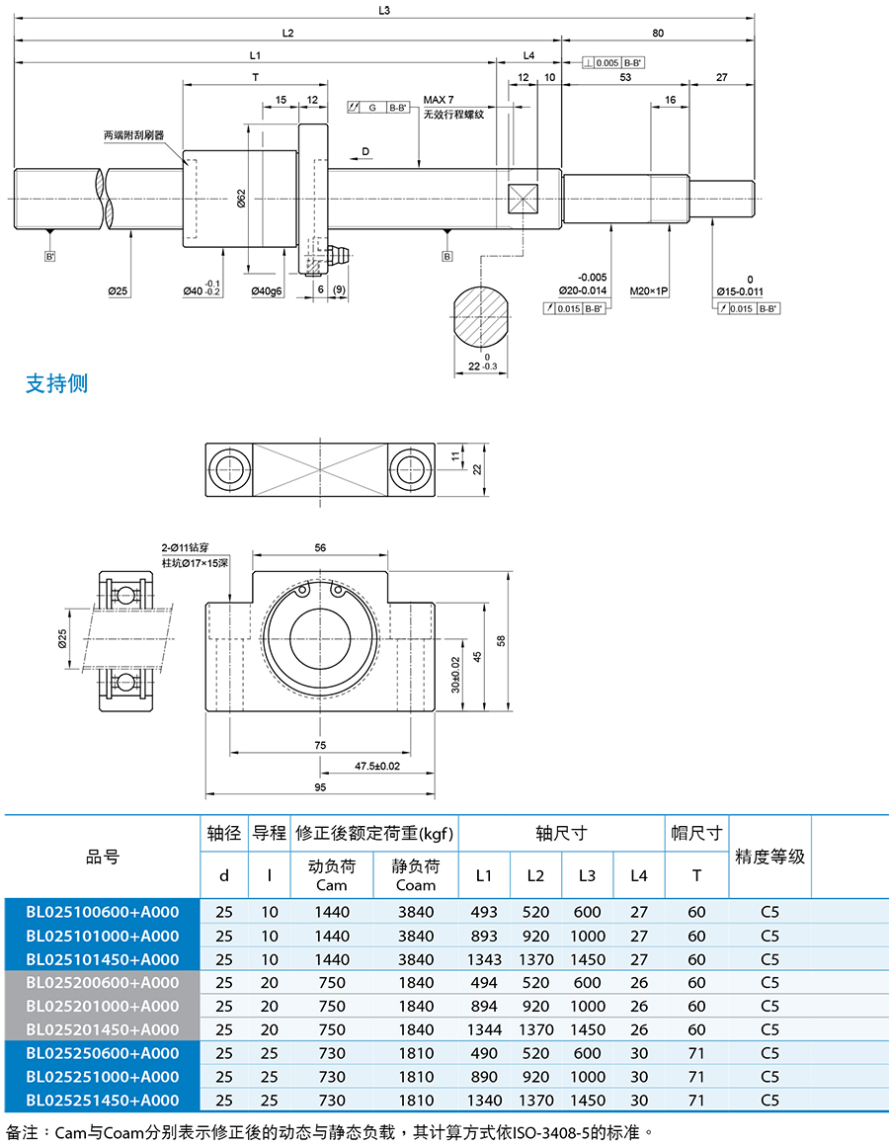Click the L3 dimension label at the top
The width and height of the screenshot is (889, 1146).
pos(384,10)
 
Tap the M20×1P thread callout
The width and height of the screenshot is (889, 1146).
pos(649,290)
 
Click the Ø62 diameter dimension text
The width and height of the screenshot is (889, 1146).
pos(241,198)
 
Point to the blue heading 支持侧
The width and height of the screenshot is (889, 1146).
pos(57,383)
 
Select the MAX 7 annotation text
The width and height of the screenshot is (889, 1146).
pos(439,100)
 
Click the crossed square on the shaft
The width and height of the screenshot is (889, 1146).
pos(523,199)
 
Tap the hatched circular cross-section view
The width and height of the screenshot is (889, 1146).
pos(481,317)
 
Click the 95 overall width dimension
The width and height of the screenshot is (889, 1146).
pos(320,787)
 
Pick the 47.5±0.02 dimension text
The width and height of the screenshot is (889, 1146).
pos(377,766)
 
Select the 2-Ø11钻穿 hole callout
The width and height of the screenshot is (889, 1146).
pos(185,547)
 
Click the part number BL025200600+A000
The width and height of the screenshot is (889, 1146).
pos(103,982)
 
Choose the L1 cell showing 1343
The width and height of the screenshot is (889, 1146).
pos(484,959)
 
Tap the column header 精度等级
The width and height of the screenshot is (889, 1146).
pos(769,857)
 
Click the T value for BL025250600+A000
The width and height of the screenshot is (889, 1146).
pos(697,1053)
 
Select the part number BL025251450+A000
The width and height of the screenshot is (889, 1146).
pos(103,1100)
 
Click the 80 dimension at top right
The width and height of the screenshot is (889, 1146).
pos(658,33)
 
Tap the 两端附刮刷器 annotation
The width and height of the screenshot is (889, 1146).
pos(133,135)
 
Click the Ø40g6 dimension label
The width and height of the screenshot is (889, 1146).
pos(267,290)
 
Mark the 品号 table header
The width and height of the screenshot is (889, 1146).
pos(103,857)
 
